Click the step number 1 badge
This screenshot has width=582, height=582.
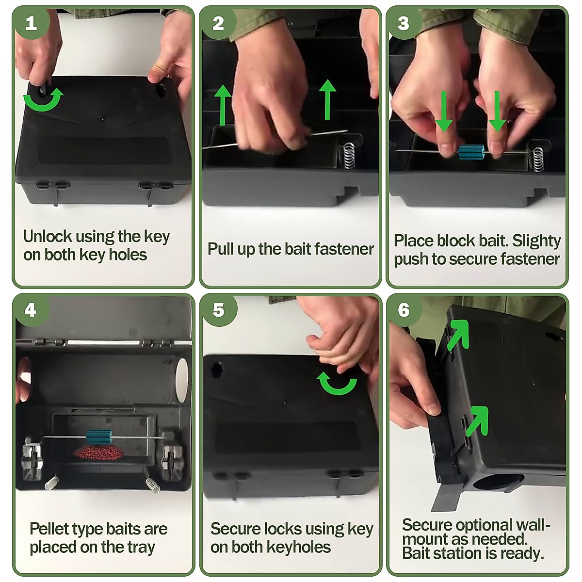31,23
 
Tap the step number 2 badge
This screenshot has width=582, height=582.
218,23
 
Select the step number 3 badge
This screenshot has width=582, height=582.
404,23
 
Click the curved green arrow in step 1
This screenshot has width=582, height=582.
44,100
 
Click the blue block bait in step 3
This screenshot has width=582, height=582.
469,152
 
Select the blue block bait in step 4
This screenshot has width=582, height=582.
98,437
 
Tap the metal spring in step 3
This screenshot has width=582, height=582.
538,159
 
